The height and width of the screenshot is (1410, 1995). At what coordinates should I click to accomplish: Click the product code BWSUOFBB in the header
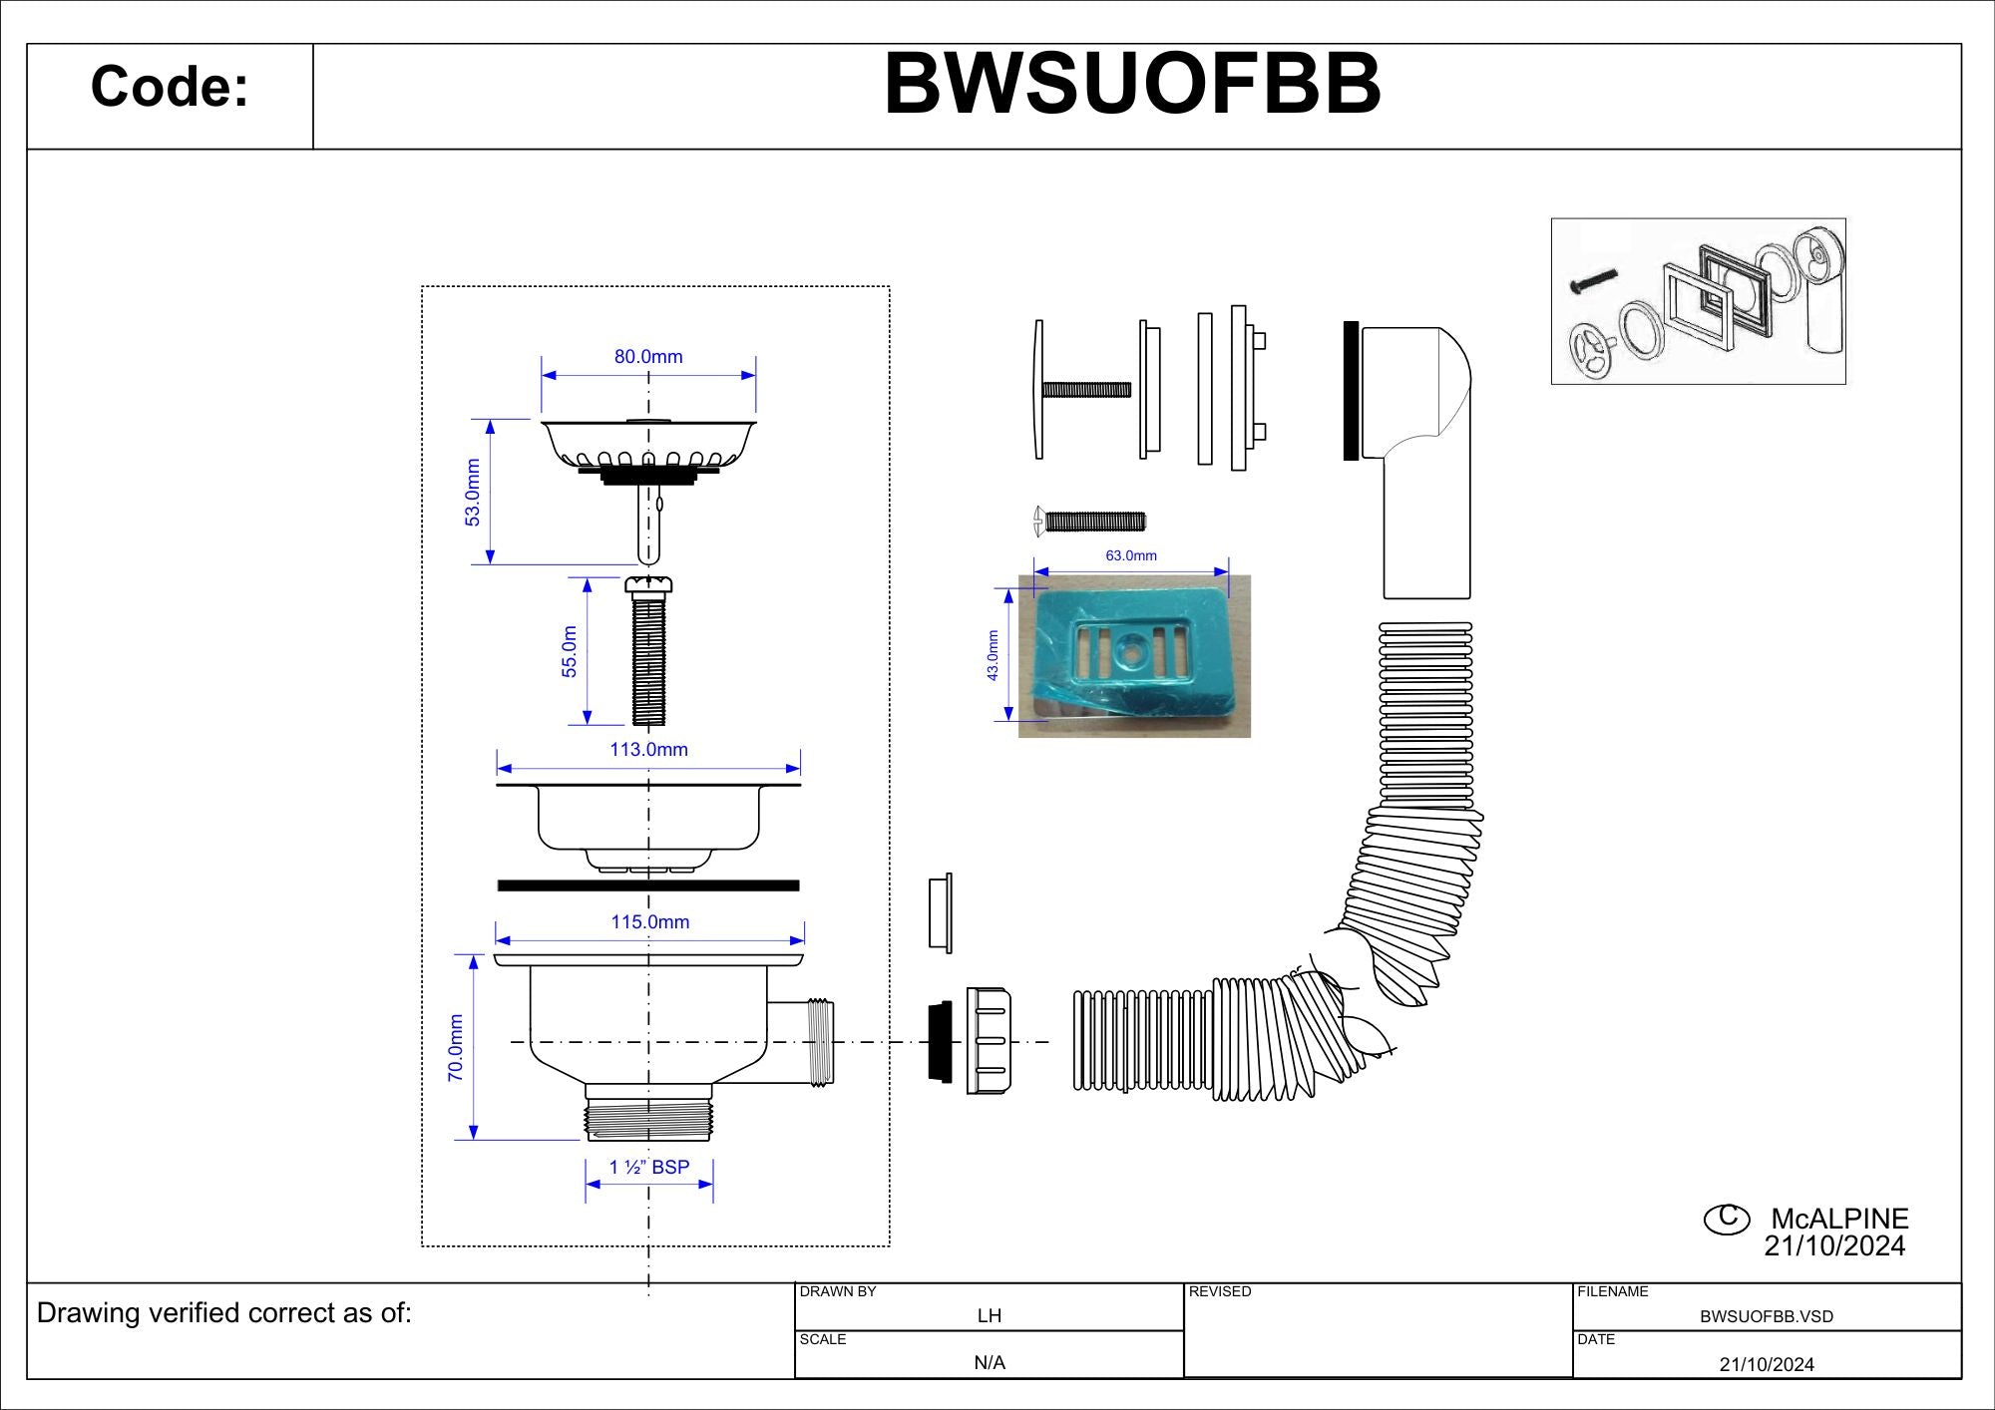(x=1132, y=84)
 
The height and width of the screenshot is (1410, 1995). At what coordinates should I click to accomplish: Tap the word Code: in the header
(x=170, y=86)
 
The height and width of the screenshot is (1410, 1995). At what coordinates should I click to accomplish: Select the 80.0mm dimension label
(x=648, y=356)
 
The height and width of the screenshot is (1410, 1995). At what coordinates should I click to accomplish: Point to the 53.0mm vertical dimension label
(x=473, y=493)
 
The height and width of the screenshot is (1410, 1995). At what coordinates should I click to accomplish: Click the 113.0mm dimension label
(x=649, y=749)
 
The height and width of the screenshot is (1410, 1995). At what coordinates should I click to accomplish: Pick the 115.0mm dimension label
(x=650, y=921)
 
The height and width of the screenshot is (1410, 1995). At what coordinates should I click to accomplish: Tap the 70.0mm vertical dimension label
(x=456, y=1048)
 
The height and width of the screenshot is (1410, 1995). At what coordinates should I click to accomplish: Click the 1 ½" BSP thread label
(x=649, y=1167)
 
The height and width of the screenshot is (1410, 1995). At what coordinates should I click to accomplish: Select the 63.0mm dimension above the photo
(x=1131, y=555)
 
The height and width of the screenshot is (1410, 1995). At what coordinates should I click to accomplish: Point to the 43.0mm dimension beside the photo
(x=993, y=655)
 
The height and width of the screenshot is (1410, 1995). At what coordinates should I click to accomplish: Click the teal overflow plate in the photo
(x=1131, y=652)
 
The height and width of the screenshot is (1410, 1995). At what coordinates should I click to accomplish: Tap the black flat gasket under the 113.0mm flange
(x=648, y=885)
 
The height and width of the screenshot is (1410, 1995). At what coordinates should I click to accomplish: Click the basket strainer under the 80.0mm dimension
(x=648, y=453)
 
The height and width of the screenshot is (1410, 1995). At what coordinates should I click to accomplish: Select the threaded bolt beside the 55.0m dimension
(x=648, y=651)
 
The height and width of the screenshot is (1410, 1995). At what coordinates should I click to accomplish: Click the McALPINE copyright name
(x=1839, y=1219)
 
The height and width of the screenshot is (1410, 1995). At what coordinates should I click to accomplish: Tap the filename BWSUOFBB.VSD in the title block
(x=1767, y=1316)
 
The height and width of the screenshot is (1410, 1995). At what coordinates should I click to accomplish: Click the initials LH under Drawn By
(x=990, y=1315)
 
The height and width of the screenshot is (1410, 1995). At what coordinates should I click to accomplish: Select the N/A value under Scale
(x=990, y=1362)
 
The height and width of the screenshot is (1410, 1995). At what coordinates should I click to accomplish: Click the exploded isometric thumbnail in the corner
(x=1699, y=301)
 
